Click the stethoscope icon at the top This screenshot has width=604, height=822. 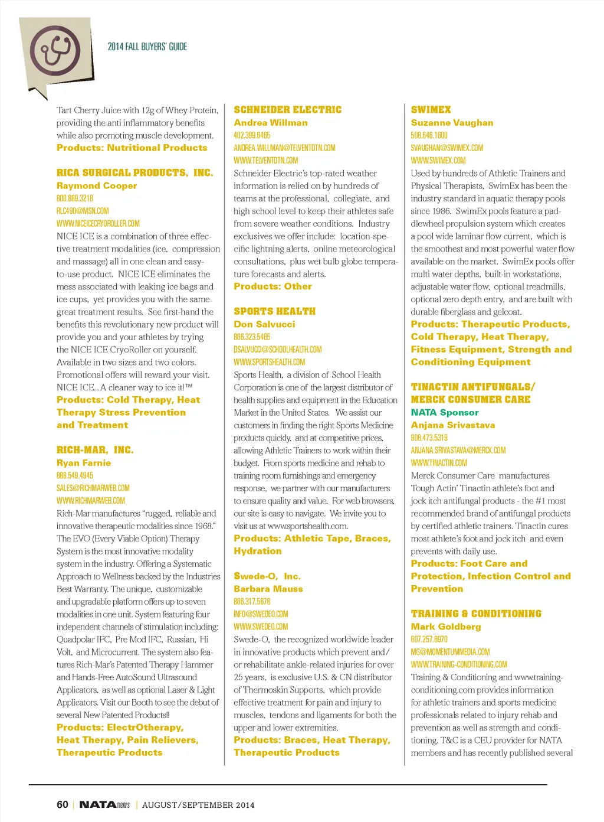click(55, 51)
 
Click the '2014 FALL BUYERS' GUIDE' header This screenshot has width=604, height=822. click(147, 47)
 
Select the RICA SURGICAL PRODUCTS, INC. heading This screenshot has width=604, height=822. click(134, 173)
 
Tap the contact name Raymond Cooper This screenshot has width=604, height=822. click(97, 185)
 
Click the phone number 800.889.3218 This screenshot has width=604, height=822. click(75, 198)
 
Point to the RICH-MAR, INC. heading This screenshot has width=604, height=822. click(95, 450)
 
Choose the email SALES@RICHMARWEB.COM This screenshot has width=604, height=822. click(93, 488)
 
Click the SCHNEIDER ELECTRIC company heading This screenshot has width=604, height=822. click(287, 110)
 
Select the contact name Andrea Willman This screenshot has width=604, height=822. click(270, 123)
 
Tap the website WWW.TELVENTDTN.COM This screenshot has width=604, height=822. click(265, 161)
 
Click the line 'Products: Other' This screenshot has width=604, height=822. click(273, 286)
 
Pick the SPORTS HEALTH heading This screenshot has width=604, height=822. click(274, 311)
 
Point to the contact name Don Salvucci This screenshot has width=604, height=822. click(264, 324)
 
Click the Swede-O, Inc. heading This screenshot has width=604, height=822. click(267, 576)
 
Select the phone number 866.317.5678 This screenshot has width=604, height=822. click(252, 602)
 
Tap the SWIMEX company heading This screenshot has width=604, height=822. click(431, 110)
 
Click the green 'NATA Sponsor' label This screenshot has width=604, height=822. click(445, 413)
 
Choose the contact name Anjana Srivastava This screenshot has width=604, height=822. click(453, 425)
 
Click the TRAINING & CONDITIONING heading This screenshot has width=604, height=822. click(476, 614)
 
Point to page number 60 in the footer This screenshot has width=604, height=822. click(63, 804)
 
